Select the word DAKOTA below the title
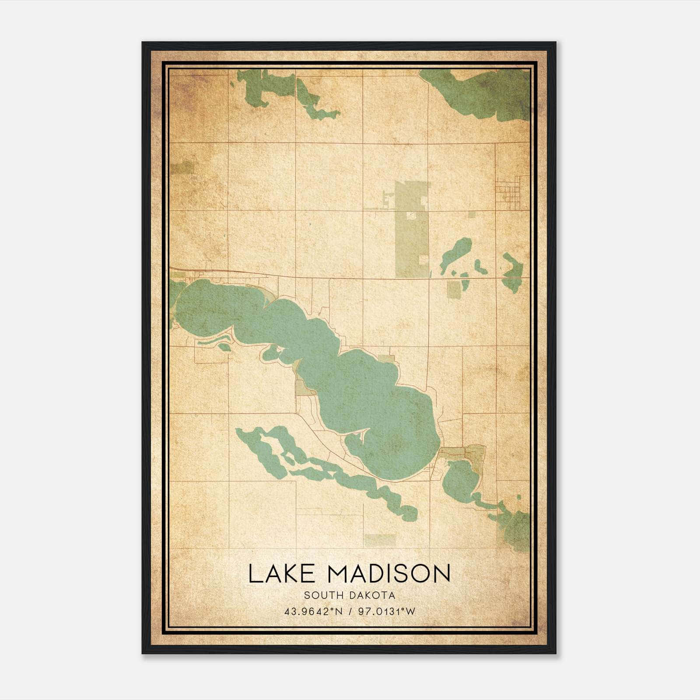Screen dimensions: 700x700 pos(372,595)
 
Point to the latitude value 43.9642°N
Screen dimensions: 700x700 pos(313,612)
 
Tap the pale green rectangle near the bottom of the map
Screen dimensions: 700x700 pos(380,540)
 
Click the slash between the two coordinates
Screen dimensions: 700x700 pos(350,612)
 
